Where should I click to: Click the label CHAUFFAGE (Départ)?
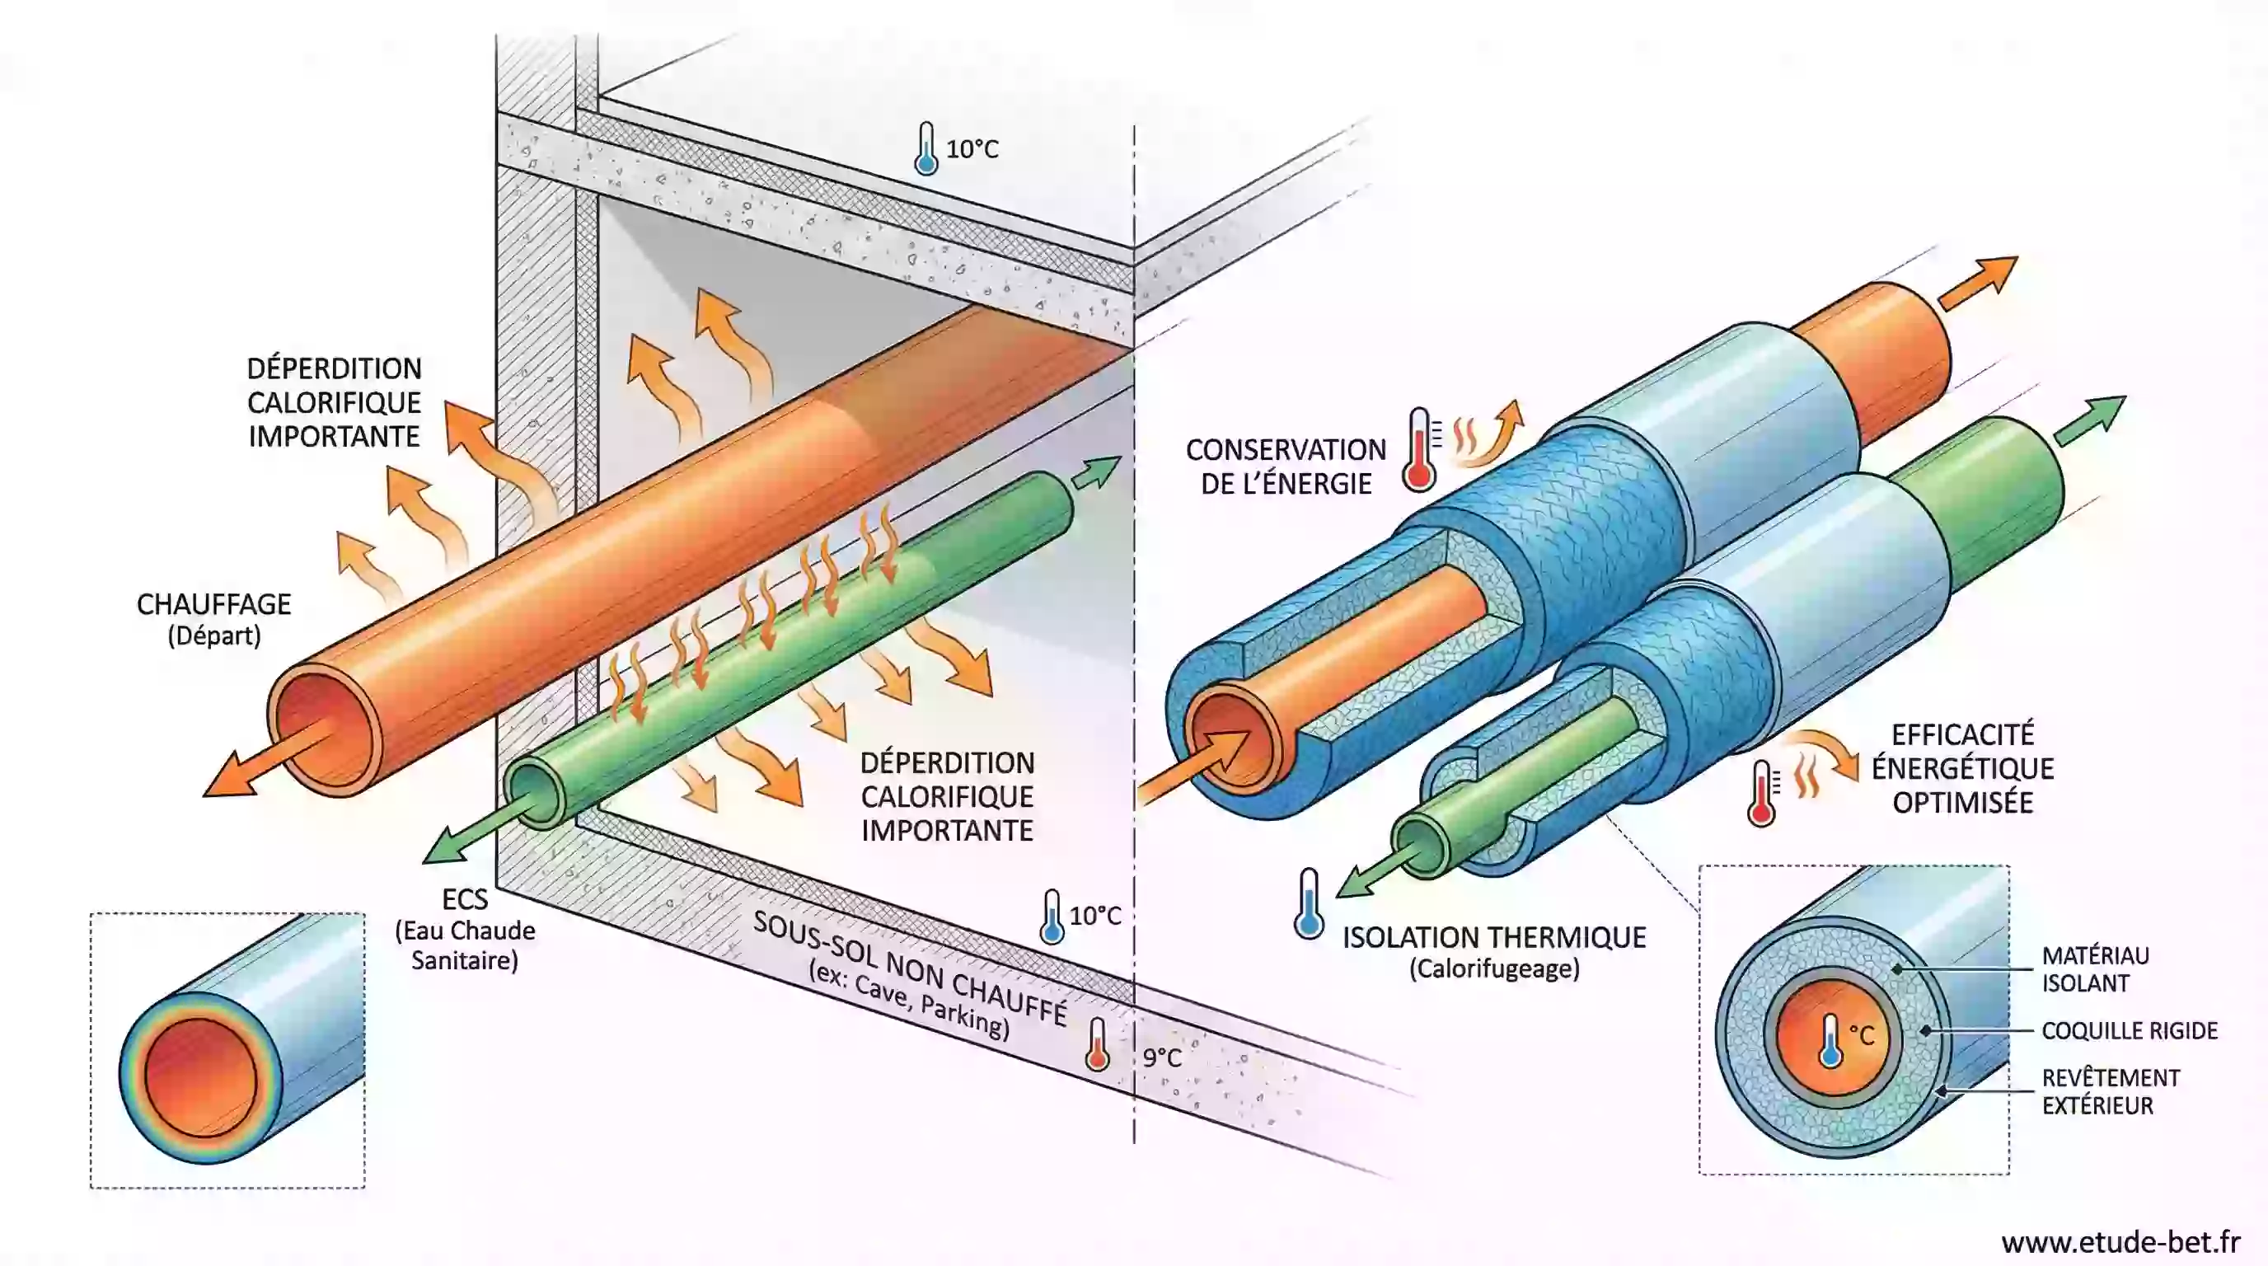[214, 619]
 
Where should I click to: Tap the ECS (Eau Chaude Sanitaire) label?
[464, 929]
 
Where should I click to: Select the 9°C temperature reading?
[1161, 1057]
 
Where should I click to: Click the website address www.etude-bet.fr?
[2120, 1241]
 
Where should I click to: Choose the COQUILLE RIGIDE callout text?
[2129, 1030]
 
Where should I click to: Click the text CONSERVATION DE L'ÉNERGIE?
[1286, 466]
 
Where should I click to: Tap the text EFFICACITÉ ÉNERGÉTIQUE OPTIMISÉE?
[1962, 767]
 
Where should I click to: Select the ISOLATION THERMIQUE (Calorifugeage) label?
[1493, 951]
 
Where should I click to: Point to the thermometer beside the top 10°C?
[925, 149]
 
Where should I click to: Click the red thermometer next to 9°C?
[1097, 1045]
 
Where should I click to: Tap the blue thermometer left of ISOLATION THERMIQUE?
[1309, 903]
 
